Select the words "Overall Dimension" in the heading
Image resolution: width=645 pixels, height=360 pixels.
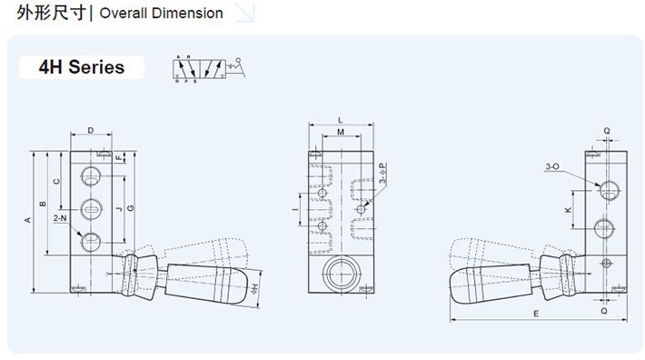161,14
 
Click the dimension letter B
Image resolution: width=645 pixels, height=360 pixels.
42,202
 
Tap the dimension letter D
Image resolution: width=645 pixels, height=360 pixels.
91,130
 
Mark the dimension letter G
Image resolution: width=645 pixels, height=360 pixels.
131,208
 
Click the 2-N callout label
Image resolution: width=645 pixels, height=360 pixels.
60,219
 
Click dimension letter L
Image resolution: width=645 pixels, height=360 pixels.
339,119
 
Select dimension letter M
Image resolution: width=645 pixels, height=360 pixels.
340,133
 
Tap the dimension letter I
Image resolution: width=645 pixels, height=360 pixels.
294,209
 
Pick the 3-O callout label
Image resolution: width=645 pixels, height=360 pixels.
551,166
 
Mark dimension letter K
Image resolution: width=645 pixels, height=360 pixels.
567,209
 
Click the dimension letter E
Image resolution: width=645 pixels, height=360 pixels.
536,314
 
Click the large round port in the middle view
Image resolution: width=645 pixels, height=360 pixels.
340,273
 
